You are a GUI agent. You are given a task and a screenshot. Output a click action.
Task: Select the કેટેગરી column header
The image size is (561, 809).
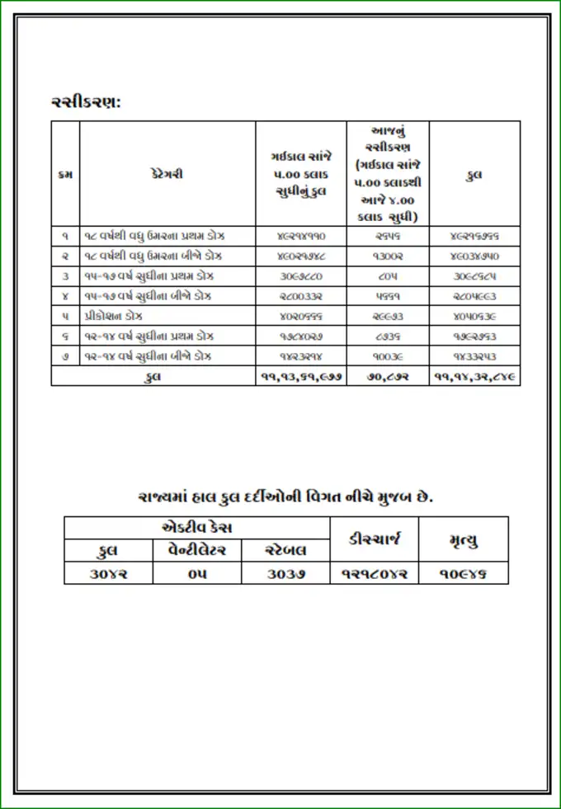[167, 174]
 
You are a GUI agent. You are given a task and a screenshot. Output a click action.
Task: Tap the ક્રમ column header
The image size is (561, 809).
[65, 174]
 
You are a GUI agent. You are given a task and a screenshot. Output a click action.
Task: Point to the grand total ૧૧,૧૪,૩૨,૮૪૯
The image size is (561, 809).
[474, 376]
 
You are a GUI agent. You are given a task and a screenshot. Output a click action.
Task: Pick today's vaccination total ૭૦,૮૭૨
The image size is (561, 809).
[388, 376]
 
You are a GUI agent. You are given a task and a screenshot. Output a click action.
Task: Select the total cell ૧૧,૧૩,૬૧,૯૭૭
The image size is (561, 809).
[300, 376]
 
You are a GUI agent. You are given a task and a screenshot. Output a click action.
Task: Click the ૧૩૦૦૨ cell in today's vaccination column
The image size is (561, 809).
[388, 256]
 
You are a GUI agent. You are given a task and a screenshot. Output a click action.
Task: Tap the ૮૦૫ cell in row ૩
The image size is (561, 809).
[388, 275]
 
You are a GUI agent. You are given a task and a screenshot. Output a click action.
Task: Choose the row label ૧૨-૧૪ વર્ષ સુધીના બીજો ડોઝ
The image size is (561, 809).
[148, 356]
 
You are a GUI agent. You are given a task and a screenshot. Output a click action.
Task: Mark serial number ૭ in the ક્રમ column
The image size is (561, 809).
[65, 356]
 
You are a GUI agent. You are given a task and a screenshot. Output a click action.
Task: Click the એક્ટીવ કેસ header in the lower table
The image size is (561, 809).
[196, 527]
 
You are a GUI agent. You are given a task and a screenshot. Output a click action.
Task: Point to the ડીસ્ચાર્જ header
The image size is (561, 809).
[374, 539]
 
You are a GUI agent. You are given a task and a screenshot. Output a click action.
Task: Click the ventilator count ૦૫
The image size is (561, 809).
[196, 573]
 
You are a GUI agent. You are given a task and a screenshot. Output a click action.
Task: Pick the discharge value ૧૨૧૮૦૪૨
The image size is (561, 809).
[374, 573]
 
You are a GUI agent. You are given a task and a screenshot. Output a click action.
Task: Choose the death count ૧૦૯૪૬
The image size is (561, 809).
[463, 573]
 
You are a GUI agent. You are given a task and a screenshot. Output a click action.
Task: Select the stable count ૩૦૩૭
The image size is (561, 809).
[285, 573]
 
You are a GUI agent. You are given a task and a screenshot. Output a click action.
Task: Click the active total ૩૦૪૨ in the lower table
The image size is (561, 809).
[108, 573]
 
